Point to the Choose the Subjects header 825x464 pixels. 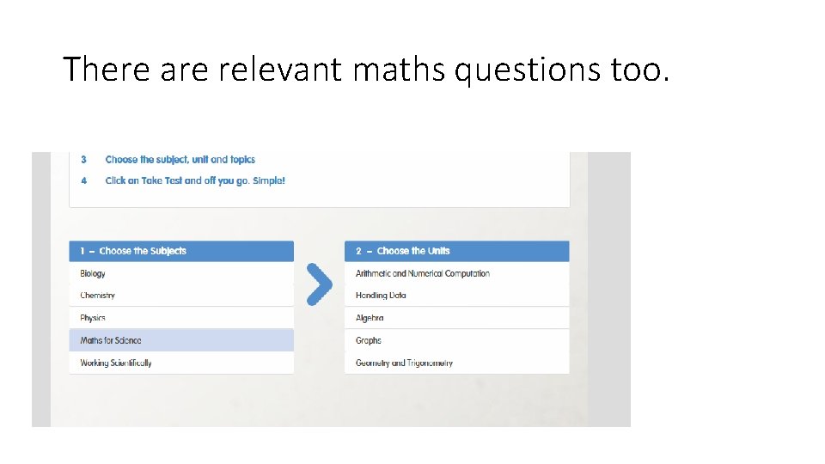(143, 251)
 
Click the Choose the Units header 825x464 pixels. (413, 251)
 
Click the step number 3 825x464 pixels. (84, 159)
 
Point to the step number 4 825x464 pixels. (84, 180)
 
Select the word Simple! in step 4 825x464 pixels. (269, 180)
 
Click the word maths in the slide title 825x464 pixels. (398, 69)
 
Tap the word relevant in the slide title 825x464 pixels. (280, 69)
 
